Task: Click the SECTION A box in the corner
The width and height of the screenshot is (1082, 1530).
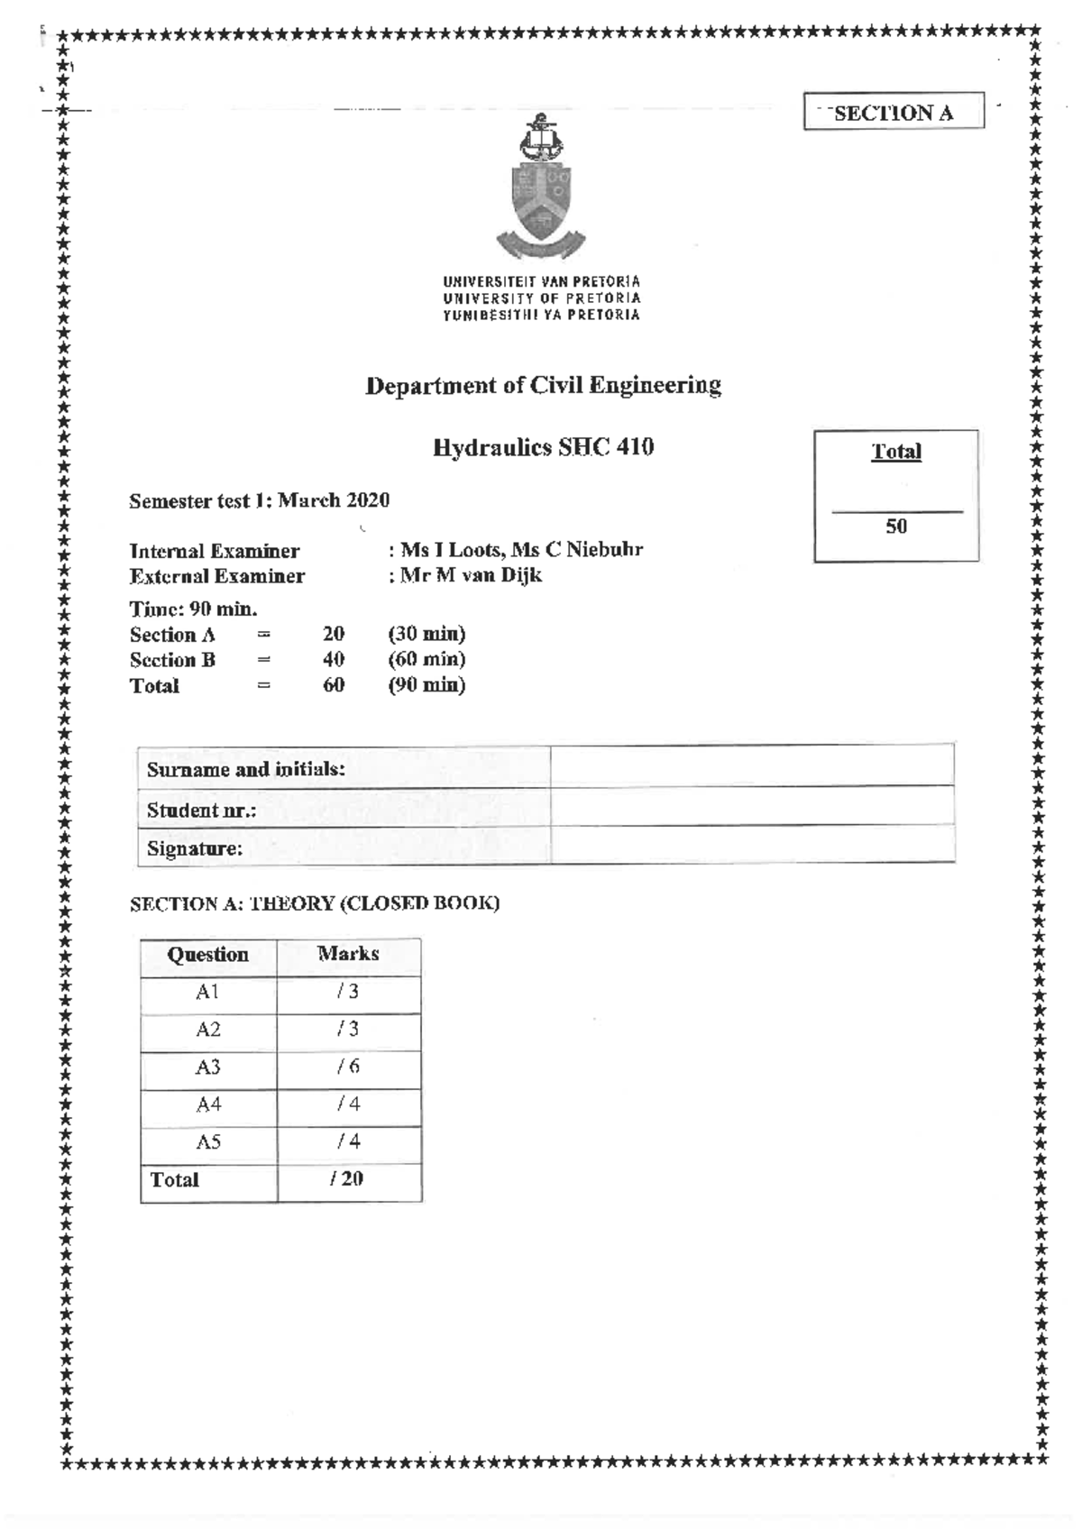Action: pos(893,112)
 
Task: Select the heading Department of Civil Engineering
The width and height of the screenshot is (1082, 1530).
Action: pos(543,386)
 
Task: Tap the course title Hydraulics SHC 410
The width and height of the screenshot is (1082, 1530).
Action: pos(543,447)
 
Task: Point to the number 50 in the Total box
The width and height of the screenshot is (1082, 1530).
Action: pos(895,527)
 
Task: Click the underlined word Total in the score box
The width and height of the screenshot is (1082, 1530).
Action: pos(895,452)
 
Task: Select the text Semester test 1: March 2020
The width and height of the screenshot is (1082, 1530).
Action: pos(259,500)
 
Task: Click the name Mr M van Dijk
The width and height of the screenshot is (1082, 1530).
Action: pos(470,575)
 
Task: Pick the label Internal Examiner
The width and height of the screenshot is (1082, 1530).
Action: pos(215,551)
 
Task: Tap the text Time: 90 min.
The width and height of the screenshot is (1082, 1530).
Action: pos(193,609)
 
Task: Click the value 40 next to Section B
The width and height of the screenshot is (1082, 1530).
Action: pos(334,660)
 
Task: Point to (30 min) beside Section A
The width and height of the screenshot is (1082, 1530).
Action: pos(426,634)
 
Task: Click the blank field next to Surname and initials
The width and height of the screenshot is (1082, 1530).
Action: pos(752,767)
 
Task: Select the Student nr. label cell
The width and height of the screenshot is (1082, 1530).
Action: pos(343,810)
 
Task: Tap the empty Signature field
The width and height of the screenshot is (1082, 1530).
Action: pos(752,847)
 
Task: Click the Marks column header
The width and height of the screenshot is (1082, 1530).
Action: pos(348,954)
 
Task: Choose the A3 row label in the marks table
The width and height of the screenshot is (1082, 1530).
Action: pos(208,1067)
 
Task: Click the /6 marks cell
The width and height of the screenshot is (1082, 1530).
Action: pos(348,1067)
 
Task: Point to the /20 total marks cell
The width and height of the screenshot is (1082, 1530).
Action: pos(348,1179)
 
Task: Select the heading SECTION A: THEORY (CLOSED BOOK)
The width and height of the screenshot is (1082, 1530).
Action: pos(314,903)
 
